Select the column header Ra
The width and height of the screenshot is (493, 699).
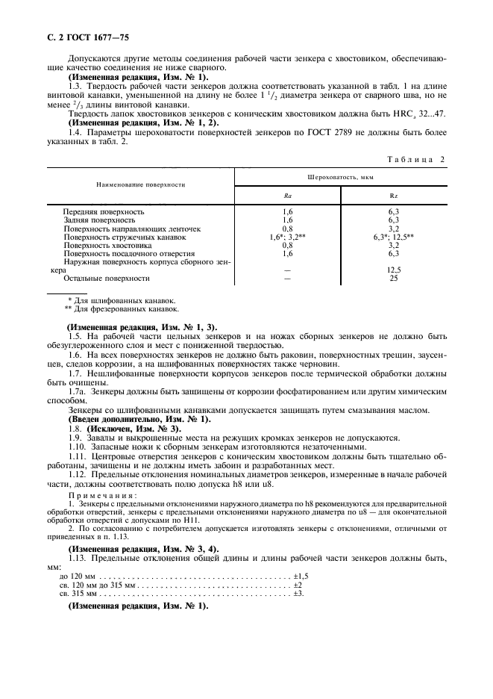click(x=287, y=195)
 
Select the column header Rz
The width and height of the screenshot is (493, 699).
click(x=394, y=195)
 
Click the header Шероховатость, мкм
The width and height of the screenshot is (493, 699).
click(x=340, y=178)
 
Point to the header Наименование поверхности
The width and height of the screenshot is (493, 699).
click(x=141, y=184)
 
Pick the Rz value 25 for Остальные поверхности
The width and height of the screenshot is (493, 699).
click(x=394, y=278)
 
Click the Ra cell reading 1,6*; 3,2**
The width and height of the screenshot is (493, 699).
click(x=287, y=236)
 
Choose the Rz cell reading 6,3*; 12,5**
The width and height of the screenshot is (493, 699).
click(x=394, y=236)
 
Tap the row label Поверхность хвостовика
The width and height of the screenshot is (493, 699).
click(x=107, y=244)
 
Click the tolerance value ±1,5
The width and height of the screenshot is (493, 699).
click(x=301, y=577)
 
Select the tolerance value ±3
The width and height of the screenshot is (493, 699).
click(x=298, y=593)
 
